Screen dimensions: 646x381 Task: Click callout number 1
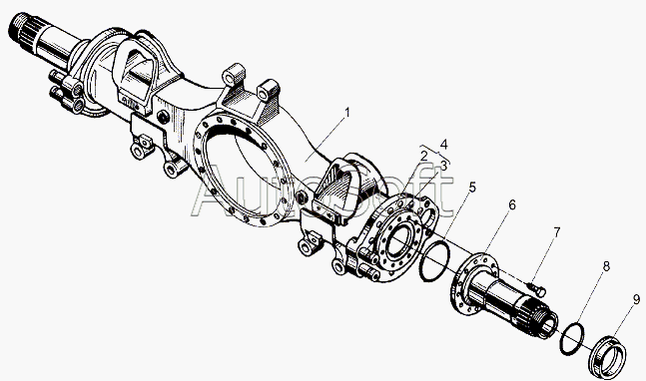coord(346,112)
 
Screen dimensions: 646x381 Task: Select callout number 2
coord(423,156)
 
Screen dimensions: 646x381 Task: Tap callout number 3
coord(443,167)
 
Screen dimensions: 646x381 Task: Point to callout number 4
coord(443,145)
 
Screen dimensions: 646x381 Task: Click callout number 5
coord(472,188)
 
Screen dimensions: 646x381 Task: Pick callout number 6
coord(511,204)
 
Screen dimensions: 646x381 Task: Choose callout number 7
coord(556,232)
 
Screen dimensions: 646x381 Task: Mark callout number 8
coord(606,266)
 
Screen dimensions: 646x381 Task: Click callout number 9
coord(637,300)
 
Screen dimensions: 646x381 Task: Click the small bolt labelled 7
coord(537,288)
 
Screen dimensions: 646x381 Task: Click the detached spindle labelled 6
coord(503,294)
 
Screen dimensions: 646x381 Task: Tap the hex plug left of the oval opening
coord(163,118)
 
